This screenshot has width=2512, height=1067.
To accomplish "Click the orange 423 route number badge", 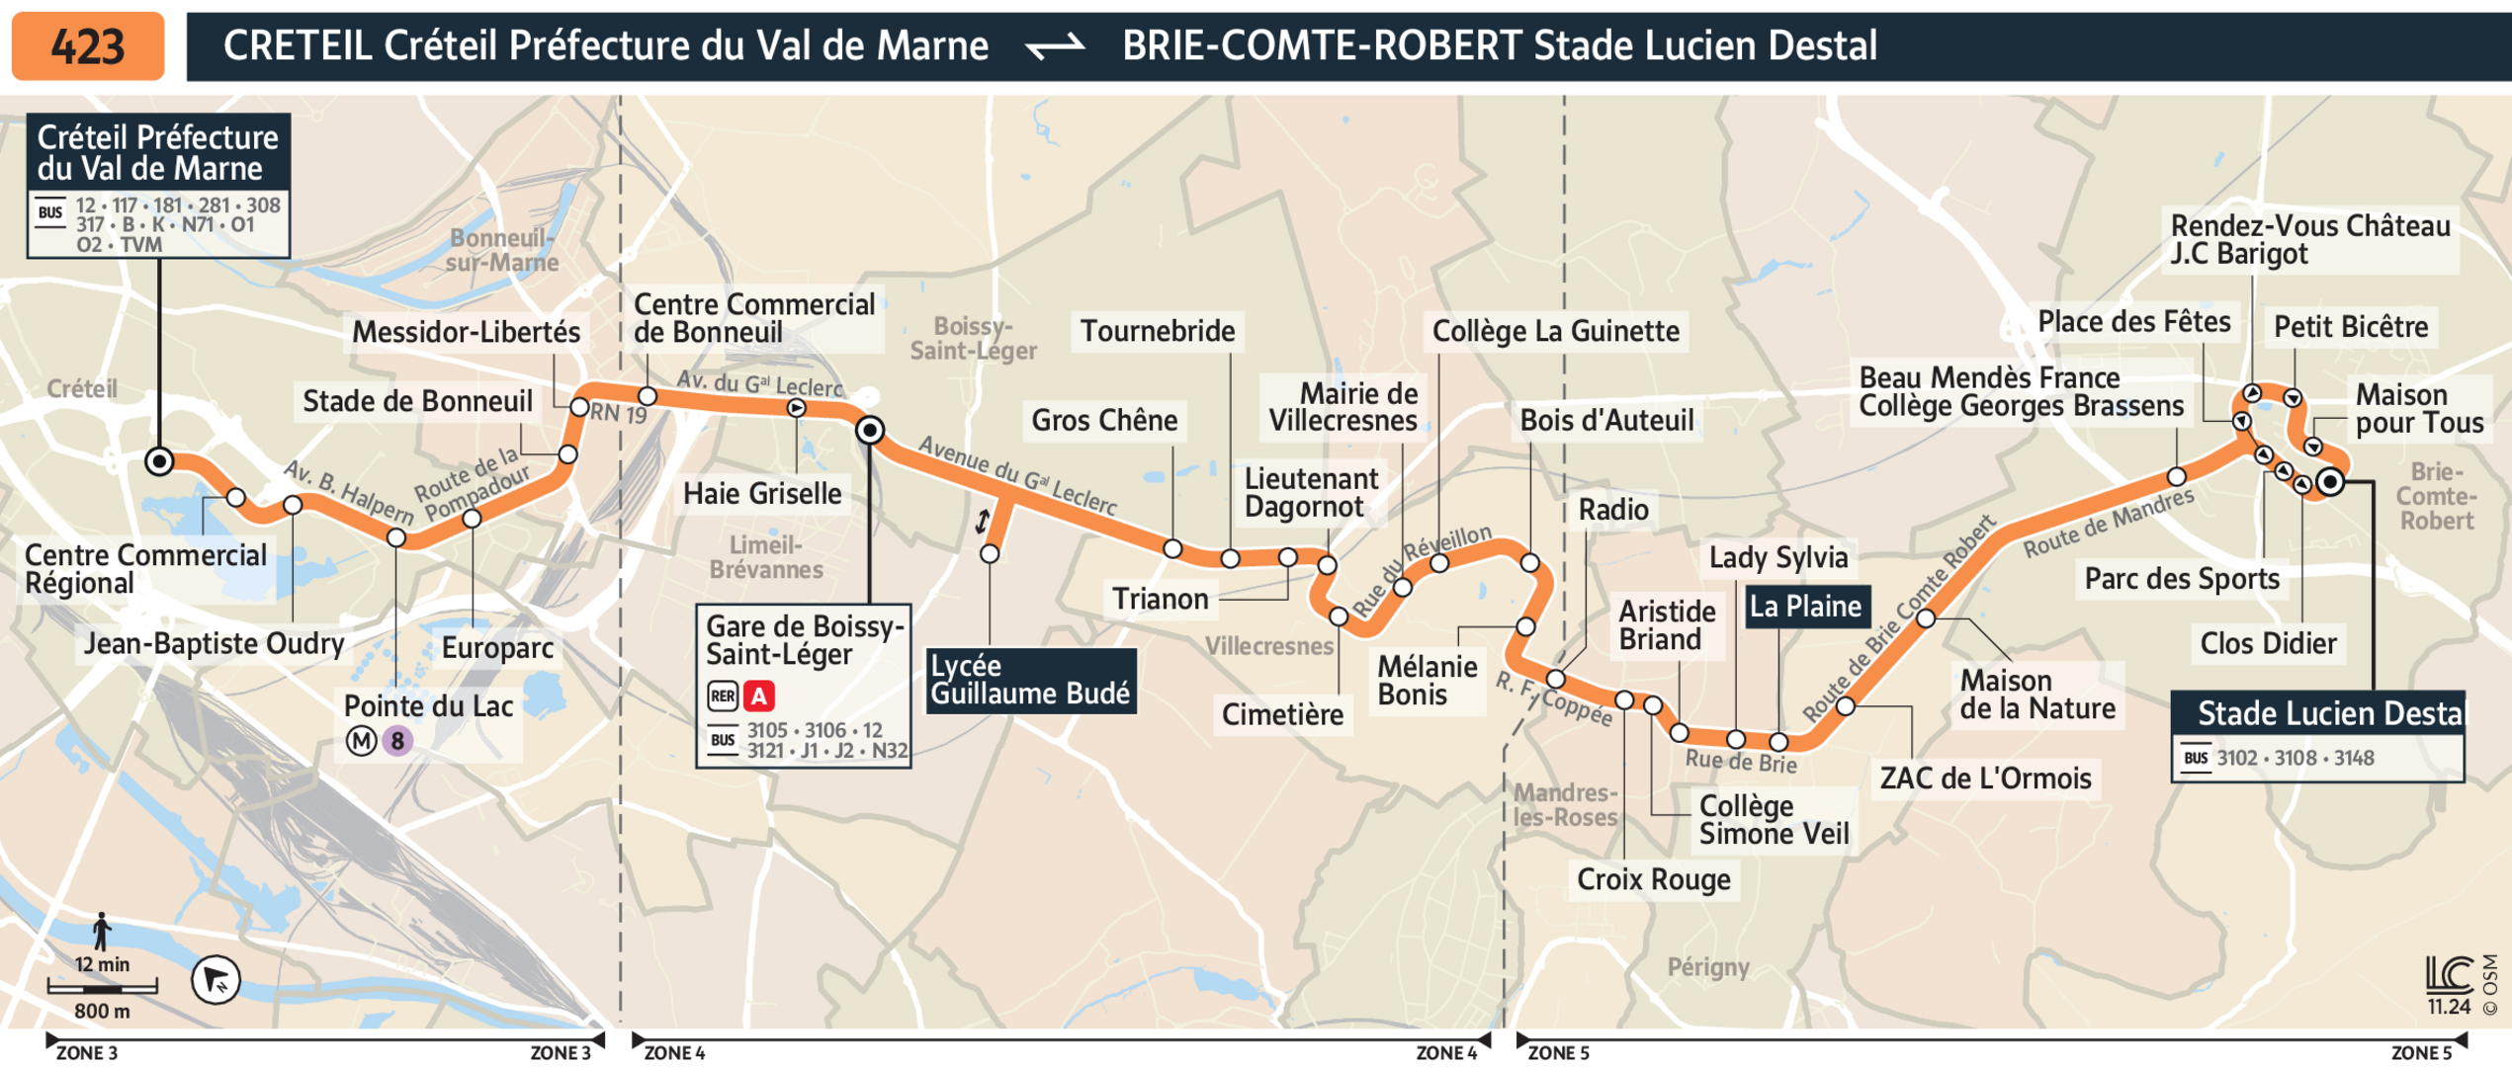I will [x=87, y=45].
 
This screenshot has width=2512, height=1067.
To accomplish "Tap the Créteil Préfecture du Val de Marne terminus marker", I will [x=159, y=461].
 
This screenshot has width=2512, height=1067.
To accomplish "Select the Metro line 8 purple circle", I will [x=397, y=740].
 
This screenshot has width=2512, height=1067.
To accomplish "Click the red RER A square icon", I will [x=758, y=697].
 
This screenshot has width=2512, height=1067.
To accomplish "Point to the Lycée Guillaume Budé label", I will [x=1030, y=680].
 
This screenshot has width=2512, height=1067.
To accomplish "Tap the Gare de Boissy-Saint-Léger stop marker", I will [x=870, y=430].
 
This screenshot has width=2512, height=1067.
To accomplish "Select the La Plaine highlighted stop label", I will [x=1805, y=606].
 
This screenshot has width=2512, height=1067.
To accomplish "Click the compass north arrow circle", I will [x=216, y=980].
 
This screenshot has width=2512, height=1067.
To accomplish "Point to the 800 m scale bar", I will [x=102, y=987].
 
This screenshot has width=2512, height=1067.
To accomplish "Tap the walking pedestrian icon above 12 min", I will [x=101, y=932].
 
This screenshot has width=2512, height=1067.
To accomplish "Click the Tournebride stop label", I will [x=1157, y=331].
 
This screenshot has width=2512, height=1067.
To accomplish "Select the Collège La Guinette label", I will [x=1555, y=331].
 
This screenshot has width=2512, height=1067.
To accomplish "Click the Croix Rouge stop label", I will [x=1653, y=879].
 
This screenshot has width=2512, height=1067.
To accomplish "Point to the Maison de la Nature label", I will [x=2036, y=694].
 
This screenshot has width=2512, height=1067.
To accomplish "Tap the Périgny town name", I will [x=1708, y=967].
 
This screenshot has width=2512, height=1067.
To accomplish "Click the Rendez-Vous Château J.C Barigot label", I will [x=2309, y=240].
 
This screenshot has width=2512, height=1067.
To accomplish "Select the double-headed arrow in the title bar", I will [x=1056, y=46].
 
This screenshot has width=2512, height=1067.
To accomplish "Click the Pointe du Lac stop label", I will [x=428, y=706].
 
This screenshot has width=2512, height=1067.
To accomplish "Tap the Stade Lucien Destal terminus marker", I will [x=2330, y=482].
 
